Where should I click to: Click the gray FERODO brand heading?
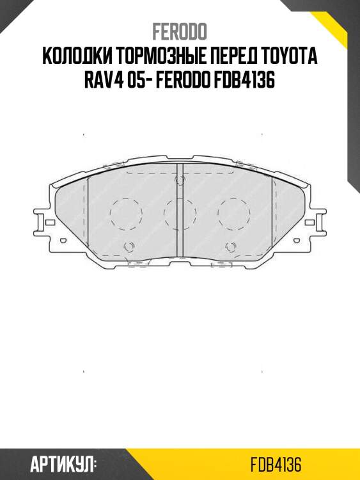tap(180, 33)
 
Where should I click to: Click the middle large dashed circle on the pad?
tap(179, 212)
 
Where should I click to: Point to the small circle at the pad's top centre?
tap(179, 181)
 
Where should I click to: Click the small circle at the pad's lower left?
tap(129, 247)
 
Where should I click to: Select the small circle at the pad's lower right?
tap(230, 247)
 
